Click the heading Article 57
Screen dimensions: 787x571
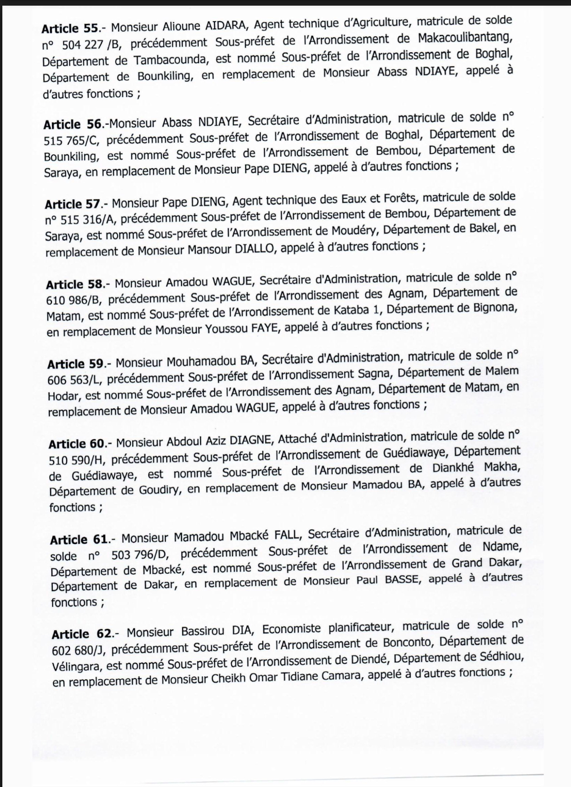click(73, 204)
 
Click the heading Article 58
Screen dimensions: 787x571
click(74, 284)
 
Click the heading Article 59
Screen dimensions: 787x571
click(75, 364)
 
